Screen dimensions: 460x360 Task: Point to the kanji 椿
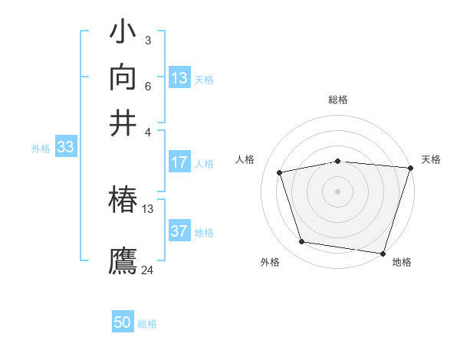[x=123, y=201]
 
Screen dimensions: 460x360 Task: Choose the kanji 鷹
[x=123, y=260]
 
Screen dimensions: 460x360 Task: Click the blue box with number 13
[x=179, y=78]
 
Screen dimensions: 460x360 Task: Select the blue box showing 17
[x=179, y=162]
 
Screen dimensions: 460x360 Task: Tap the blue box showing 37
[x=179, y=231]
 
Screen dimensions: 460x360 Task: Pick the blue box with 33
[x=64, y=148]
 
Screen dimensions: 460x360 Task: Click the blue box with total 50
[x=123, y=322]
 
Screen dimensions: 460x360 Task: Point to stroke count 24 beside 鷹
[x=148, y=270]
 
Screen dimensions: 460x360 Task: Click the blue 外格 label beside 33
[x=40, y=149]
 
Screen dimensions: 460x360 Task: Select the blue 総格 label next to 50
[x=148, y=324]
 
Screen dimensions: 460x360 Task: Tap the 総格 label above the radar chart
[x=337, y=100]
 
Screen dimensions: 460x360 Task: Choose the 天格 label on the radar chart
[x=431, y=159]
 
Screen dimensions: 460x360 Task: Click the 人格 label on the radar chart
[x=245, y=159]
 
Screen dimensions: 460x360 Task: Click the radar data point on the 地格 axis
[x=383, y=253]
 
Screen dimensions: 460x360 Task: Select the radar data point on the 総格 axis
[x=337, y=161]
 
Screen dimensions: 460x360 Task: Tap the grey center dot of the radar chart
[x=337, y=191]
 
